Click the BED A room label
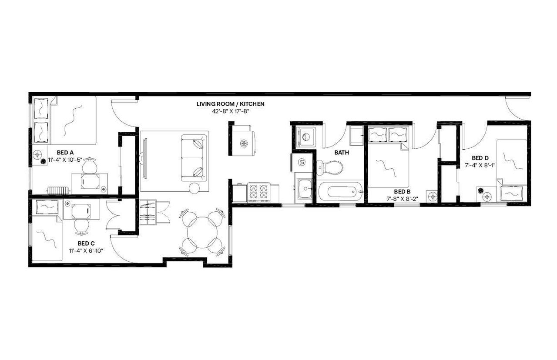tap(65, 153)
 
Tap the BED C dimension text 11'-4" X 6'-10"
tap(86, 250)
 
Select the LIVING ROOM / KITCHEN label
tap(230, 104)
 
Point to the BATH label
tap(342, 153)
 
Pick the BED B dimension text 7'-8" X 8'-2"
tap(402, 199)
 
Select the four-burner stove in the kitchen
tap(258, 193)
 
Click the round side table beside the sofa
tap(194, 188)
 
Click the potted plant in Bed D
tap(480, 190)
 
